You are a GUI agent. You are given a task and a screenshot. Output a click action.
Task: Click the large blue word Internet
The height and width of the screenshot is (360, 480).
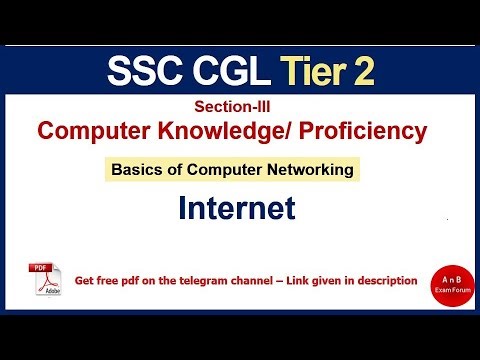(237, 208)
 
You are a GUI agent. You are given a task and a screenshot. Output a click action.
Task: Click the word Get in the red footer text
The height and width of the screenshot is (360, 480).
(86, 281)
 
